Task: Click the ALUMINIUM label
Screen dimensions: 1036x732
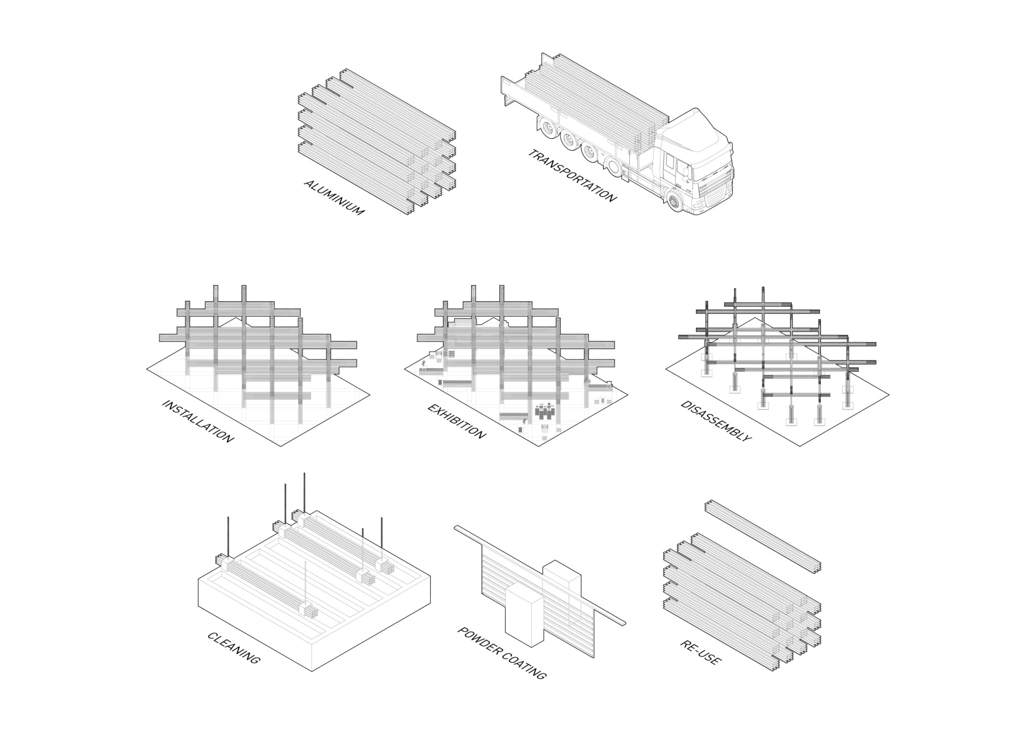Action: [334, 197]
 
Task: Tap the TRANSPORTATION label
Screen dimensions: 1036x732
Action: [572, 175]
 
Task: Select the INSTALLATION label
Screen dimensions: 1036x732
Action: [198, 421]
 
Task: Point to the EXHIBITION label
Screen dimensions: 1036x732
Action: [457, 421]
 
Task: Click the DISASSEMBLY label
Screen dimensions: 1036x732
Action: [716, 421]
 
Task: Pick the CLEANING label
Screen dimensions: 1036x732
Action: [234, 648]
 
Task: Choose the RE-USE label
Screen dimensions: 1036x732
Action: [701, 652]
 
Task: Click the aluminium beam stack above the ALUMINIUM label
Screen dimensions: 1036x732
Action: [377, 142]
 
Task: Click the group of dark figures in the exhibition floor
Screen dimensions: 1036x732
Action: [545, 410]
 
